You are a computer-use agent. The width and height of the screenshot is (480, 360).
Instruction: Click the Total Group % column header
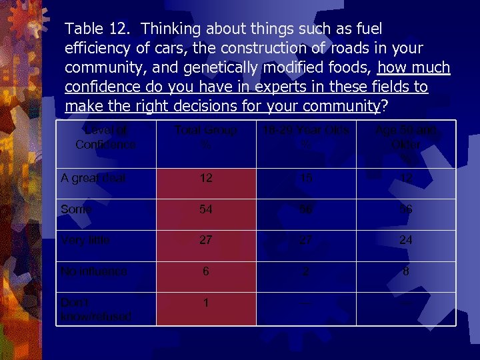pyautogui.click(x=206, y=137)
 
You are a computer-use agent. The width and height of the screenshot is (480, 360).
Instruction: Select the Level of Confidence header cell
pyautogui.click(x=105, y=137)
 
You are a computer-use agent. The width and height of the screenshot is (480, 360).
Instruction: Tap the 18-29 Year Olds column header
pyautogui.click(x=306, y=137)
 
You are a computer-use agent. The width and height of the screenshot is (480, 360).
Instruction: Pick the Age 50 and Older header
pyautogui.click(x=405, y=143)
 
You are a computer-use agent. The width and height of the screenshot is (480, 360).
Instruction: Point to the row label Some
pyautogui.click(x=76, y=209)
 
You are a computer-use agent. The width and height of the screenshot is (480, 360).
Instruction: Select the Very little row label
pyautogui.click(x=85, y=240)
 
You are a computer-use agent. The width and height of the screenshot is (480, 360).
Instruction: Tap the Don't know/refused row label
pyautogui.click(x=95, y=309)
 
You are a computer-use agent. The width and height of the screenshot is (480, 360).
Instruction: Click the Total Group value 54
pyautogui.click(x=206, y=209)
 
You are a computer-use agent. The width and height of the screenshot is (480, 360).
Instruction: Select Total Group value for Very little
pyautogui.click(x=206, y=240)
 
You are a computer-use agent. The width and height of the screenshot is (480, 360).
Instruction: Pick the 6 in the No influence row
pyautogui.click(x=206, y=271)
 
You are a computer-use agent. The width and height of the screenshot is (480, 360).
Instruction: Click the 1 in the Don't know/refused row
pyautogui.click(x=206, y=303)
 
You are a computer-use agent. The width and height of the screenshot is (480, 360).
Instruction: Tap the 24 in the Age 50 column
pyautogui.click(x=405, y=240)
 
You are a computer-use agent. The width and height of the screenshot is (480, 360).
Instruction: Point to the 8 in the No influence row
pyautogui.click(x=405, y=271)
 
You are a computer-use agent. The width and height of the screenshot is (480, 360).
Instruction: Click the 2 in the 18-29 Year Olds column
pyautogui.click(x=306, y=271)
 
